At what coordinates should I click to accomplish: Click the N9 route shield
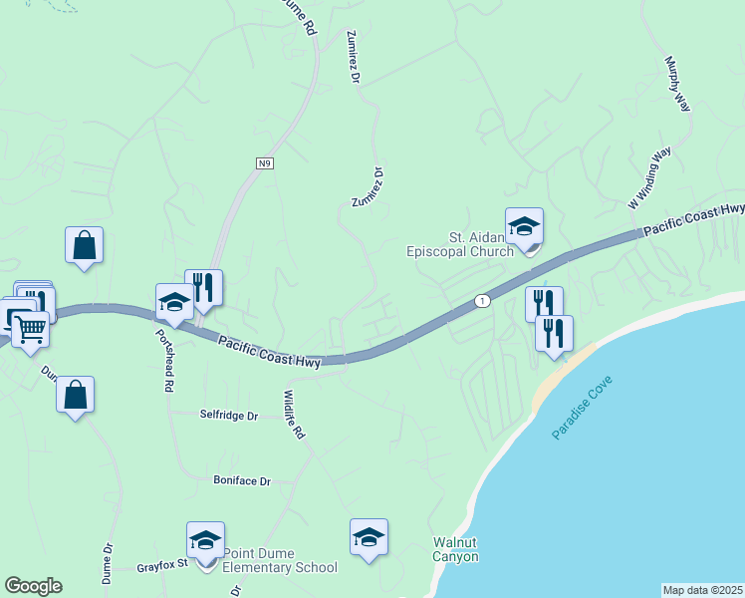(264, 163)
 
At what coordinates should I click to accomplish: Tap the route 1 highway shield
(483, 300)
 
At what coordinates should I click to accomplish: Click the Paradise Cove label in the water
(583, 409)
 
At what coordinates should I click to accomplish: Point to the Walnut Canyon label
(455, 549)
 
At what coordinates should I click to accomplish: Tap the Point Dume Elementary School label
(280, 560)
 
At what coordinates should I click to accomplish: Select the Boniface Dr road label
(242, 480)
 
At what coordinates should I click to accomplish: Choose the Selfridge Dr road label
(228, 415)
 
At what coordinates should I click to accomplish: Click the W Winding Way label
(649, 177)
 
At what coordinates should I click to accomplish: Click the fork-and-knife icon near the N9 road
(203, 288)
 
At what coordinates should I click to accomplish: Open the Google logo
(33, 586)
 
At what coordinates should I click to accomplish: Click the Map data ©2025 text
(703, 590)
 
